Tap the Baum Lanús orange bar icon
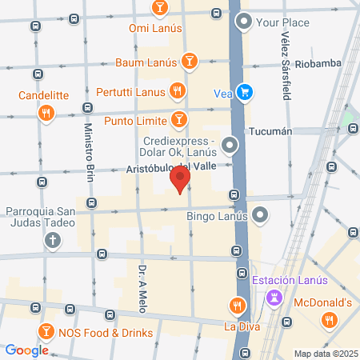coord(190,61)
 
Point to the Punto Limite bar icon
coord(180,120)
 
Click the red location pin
coord(182,180)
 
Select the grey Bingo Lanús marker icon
coord(260,214)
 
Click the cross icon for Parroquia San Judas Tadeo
coord(53,239)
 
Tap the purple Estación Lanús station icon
coord(274,298)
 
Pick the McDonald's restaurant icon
coord(328,321)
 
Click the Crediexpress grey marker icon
coord(230,145)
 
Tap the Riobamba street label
coord(318,63)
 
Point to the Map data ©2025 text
coord(323,354)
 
